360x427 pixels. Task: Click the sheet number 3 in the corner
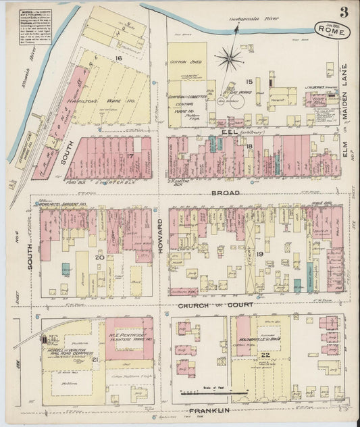click(x=344, y=11)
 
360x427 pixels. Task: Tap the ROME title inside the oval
click(x=328, y=29)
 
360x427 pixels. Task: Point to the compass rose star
click(x=229, y=60)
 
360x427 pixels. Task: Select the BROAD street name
click(x=211, y=193)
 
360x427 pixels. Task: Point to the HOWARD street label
click(x=160, y=236)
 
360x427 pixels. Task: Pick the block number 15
click(x=249, y=81)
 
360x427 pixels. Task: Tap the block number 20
click(x=99, y=257)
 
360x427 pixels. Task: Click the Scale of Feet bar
click(x=209, y=391)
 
